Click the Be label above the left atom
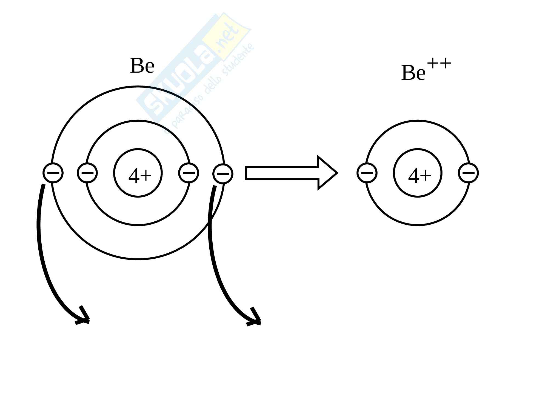(x=142, y=66)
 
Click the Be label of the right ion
(x=413, y=73)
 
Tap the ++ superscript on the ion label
(x=439, y=64)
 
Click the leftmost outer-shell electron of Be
(x=53, y=173)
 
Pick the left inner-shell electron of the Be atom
(x=87, y=173)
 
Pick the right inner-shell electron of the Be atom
(x=189, y=173)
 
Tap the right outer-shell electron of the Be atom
(x=223, y=174)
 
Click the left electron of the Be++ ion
(x=367, y=173)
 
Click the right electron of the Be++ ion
(x=468, y=173)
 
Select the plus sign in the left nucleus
(x=147, y=175)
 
